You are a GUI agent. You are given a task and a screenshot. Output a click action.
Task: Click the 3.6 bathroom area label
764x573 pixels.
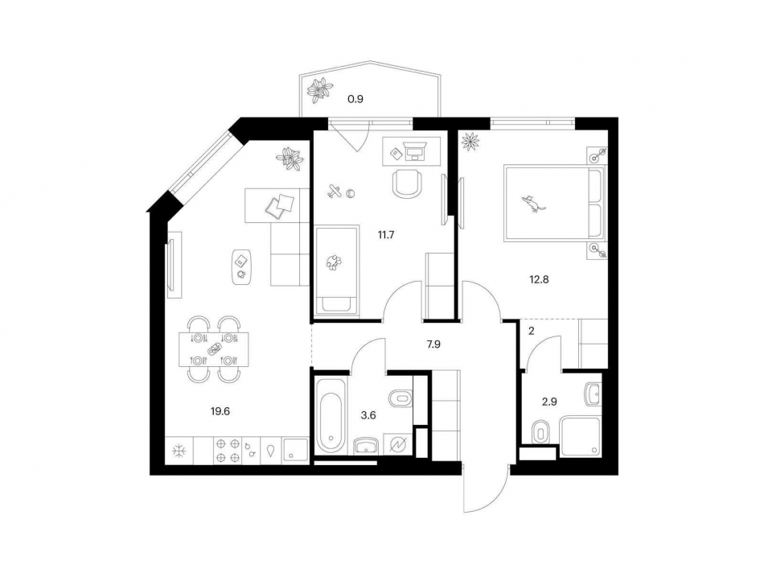pos(368,415)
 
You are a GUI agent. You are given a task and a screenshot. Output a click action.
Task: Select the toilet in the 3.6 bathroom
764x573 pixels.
pos(400,397)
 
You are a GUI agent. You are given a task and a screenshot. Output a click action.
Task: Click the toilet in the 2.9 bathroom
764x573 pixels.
pos(540,431)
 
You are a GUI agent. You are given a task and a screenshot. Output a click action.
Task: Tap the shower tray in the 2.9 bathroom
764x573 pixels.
pos(581,435)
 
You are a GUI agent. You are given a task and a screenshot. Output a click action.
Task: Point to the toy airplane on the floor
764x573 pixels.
pos(336,192)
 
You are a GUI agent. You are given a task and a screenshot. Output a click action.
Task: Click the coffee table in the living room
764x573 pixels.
pos(241,266)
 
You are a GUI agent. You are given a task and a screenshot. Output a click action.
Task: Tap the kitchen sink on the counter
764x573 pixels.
pos(294,451)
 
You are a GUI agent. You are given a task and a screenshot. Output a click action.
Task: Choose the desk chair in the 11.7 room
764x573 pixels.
pos(408,183)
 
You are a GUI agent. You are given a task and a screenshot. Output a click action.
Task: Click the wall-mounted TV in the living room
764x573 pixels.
pos(170,265)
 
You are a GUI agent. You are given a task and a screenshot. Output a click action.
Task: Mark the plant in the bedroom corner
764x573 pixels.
pos(470,142)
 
